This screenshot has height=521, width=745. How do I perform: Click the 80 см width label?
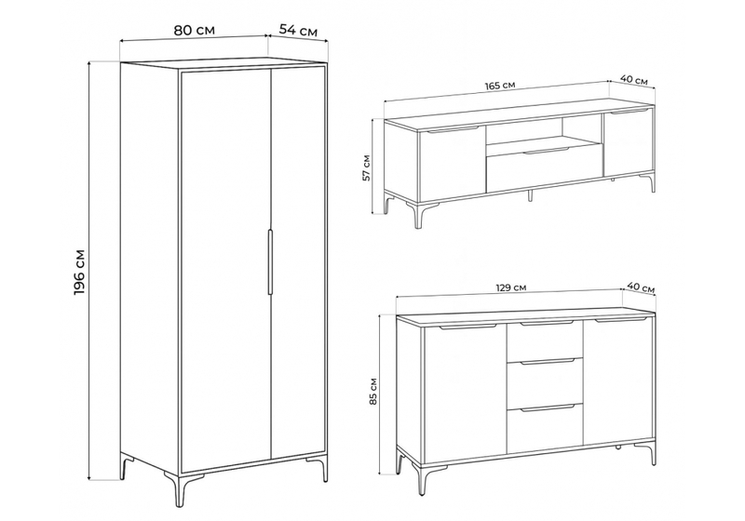click(194, 31)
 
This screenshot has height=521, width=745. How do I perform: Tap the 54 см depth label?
click(298, 31)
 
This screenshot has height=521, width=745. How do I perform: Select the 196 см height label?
click(79, 272)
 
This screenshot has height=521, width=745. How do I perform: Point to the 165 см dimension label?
click(499, 86)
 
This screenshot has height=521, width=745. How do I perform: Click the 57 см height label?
click(367, 167)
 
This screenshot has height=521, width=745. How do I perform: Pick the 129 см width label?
click(510, 287)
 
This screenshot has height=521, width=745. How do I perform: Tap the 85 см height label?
click(373, 392)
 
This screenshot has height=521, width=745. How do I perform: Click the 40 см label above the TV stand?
click(634, 80)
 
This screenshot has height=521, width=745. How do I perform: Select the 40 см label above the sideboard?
click(641, 287)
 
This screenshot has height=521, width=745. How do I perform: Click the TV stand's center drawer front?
click(545, 169)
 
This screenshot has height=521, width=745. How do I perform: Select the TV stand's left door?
click(453, 164)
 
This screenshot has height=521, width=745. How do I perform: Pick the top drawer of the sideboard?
click(545, 341)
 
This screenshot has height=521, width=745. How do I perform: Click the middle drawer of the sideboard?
click(545, 383)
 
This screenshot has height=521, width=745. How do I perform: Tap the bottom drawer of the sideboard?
click(545, 429)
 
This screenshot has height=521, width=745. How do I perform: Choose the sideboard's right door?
click(617, 382)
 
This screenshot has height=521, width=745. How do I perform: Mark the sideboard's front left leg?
click(422, 479)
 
